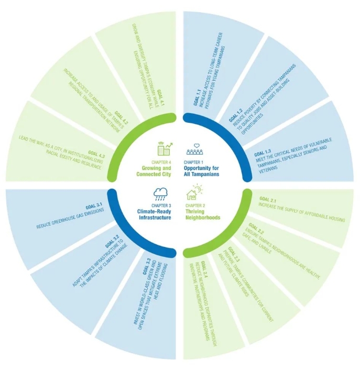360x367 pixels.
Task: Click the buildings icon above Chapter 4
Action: click(162, 148)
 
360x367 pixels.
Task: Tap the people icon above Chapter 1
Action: click(197, 149)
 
